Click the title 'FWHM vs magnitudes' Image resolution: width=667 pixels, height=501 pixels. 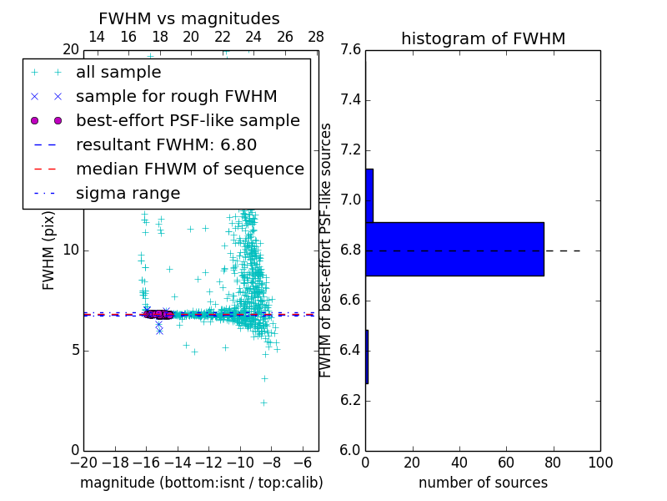[x=189, y=19]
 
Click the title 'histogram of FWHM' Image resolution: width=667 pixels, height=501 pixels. [x=483, y=38]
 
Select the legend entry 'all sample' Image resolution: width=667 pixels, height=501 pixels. [x=118, y=73]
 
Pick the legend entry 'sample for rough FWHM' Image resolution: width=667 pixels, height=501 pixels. [x=176, y=97]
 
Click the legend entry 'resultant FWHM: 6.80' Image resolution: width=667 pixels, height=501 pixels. [x=166, y=145]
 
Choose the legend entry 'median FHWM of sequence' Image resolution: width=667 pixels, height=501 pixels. [x=189, y=170]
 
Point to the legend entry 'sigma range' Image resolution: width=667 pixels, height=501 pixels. [x=128, y=194]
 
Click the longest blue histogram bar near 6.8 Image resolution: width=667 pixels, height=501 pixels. [x=454, y=249]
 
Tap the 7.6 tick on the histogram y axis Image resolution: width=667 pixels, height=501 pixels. [x=349, y=50]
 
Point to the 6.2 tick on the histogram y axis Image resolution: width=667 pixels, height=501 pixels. [x=349, y=400]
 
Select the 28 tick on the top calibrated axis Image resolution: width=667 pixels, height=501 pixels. [x=316, y=37]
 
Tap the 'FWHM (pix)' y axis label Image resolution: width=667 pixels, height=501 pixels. [x=49, y=250]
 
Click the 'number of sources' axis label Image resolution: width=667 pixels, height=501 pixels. [x=483, y=483]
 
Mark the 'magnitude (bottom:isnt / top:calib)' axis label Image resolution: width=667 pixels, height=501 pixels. [x=201, y=483]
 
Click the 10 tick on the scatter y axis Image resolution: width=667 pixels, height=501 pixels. [x=71, y=250]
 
